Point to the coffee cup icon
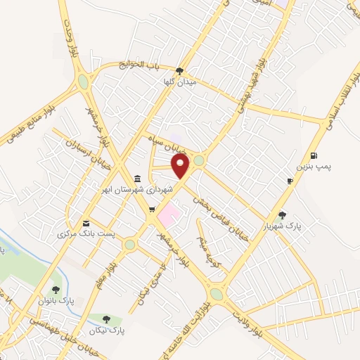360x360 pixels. coord(290,181)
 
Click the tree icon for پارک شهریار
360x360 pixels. coord(283,215)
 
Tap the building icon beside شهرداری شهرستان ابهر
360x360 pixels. coord(136,179)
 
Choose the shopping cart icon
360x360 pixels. coord(151,209)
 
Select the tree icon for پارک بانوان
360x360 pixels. coord(56,289)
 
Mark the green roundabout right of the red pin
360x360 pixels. coord(199,161)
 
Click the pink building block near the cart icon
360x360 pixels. coord(169,212)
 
